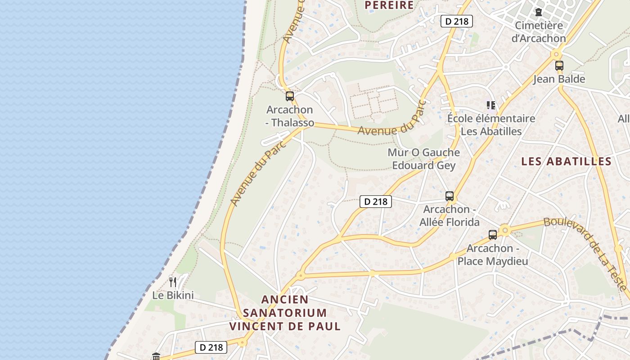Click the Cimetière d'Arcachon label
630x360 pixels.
[539, 32]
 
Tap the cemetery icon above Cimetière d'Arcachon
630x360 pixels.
[539, 12]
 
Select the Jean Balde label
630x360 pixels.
[559, 79]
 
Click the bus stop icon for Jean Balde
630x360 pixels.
[559, 66]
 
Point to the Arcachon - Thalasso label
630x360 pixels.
[290, 116]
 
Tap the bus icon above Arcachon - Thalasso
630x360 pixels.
[290, 96]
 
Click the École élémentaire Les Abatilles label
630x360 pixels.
[491, 125]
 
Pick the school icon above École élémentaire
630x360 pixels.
[491, 105]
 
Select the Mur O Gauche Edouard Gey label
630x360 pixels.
[424, 159]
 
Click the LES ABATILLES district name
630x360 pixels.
[566, 162]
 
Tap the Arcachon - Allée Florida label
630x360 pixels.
[450, 216]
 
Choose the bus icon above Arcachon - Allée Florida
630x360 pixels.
[450, 196]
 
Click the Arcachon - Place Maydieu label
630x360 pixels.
[493, 255]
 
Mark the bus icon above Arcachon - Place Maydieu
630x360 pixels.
[493, 234]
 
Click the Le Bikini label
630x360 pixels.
[173, 296]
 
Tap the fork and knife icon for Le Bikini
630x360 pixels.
[173, 282]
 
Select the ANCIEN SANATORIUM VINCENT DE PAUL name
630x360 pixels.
[285, 313]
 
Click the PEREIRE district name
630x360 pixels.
[389, 5]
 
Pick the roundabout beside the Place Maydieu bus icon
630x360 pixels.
[505, 230]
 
